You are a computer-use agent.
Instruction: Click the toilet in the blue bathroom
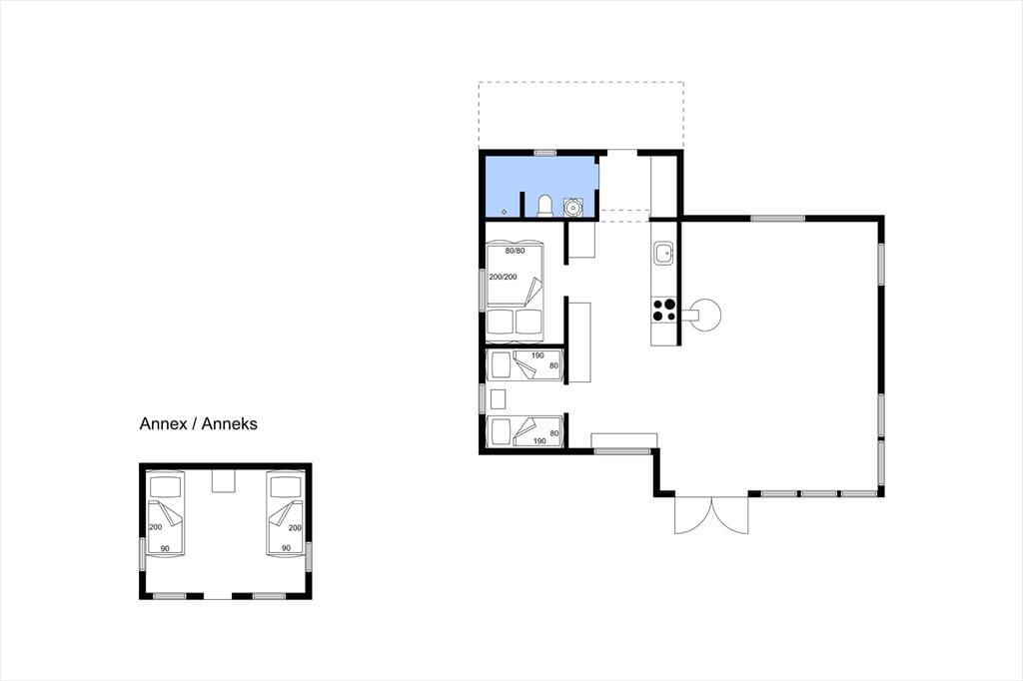click(544, 206)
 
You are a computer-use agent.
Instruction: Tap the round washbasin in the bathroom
click(572, 207)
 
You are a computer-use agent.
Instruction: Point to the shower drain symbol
click(505, 212)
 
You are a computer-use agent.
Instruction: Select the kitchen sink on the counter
click(663, 253)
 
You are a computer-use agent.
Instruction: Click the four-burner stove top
click(663, 310)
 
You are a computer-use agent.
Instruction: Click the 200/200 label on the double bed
click(504, 277)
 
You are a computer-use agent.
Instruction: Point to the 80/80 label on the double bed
click(514, 251)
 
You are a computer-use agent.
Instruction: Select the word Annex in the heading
click(163, 424)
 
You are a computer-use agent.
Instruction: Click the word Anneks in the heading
click(229, 424)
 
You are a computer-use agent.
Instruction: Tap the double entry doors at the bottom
click(711, 515)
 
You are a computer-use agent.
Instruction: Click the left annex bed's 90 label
click(165, 548)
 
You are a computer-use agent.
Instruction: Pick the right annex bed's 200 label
click(295, 527)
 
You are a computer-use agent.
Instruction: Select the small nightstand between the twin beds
click(499, 398)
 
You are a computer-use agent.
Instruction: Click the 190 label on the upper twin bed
click(537, 355)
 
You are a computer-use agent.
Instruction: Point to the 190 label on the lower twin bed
click(539, 441)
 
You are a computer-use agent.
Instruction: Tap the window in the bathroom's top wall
click(544, 154)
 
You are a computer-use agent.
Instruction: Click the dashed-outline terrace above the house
click(581, 116)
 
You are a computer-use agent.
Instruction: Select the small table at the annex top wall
click(223, 481)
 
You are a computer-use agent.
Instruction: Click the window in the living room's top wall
click(777, 218)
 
